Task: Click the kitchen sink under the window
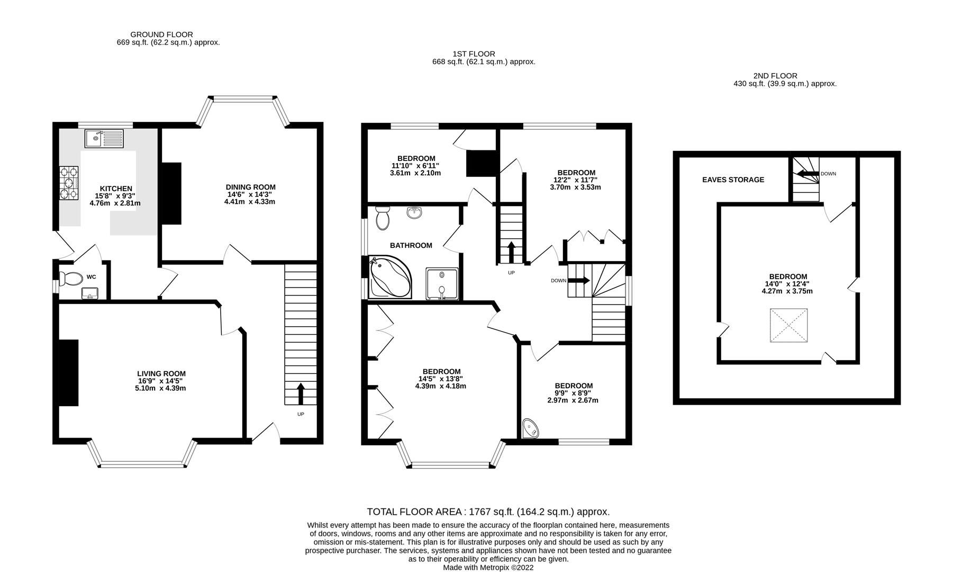[104, 139]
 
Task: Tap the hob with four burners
[69, 183]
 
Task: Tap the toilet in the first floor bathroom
[382, 218]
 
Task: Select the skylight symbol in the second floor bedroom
[789, 326]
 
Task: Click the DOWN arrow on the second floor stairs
[807, 174]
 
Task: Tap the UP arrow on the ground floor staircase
[301, 394]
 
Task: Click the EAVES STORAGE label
[733, 180]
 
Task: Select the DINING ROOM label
[250, 187]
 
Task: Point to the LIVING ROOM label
[161, 373]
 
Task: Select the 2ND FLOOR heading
[775, 76]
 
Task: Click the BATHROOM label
[411, 245]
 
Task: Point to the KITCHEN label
[116, 189]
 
